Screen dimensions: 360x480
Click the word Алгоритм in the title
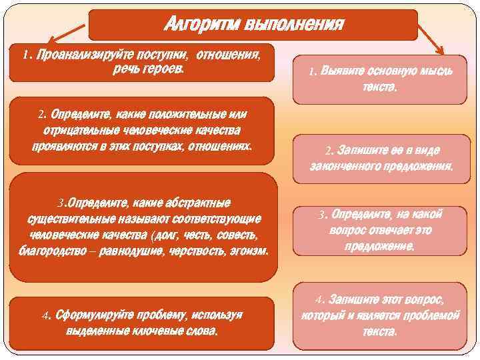point(202,25)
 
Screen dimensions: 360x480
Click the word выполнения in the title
point(294,25)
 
